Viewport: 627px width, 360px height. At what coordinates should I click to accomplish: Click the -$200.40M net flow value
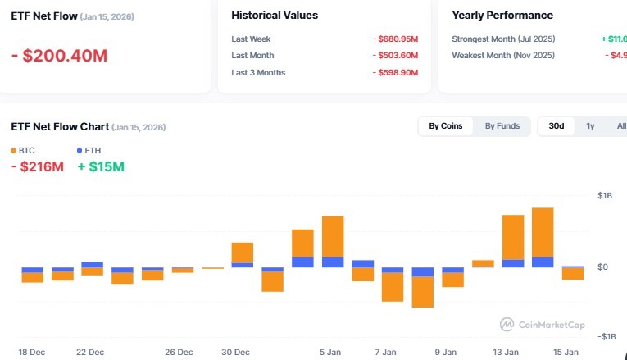(x=59, y=56)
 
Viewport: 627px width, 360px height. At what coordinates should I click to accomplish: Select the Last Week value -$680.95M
(x=394, y=39)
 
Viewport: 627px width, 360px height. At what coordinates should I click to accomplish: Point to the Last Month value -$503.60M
(x=394, y=56)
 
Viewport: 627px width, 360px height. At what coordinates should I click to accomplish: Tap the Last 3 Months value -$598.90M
(x=394, y=73)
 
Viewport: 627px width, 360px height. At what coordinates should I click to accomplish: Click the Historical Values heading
(x=275, y=15)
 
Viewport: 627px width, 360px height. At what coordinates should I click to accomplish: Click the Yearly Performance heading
(x=502, y=15)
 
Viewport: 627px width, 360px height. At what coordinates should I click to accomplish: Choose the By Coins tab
(x=446, y=126)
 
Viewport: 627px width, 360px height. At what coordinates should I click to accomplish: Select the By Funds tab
(x=502, y=126)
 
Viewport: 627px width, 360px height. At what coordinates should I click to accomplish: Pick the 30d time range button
(x=557, y=126)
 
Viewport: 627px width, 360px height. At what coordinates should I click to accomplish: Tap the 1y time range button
(x=590, y=126)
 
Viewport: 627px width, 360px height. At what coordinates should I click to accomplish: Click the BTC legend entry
(x=22, y=150)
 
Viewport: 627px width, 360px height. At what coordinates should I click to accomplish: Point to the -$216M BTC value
(x=37, y=167)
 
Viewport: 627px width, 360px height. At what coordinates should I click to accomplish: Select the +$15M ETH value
(x=101, y=167)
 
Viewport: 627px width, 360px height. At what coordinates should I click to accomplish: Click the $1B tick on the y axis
(x=605, y=196)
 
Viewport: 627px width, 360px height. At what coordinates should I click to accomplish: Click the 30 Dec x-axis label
(x=236, y=353)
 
